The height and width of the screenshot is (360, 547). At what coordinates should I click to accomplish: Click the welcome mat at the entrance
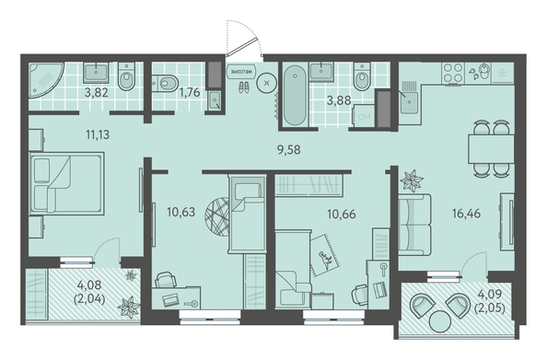click(x=241, y=71)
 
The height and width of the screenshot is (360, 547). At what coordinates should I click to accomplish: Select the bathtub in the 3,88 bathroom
click(x=295, y=96)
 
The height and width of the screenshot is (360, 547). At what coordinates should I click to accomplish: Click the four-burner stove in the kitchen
click(x=453, y=74)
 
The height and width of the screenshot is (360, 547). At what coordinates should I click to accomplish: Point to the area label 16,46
click(x=466, y=213)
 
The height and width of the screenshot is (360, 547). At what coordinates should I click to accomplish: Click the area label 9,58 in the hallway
click(x=288, y=150)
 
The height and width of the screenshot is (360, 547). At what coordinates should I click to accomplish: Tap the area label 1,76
click(x=189, y=92)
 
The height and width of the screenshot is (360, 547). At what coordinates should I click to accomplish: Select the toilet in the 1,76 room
click(x=165, y=83)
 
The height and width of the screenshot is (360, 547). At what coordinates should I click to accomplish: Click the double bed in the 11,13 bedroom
click(x=66, y=183)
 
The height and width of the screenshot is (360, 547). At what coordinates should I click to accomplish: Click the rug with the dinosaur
click(x=325, y=255)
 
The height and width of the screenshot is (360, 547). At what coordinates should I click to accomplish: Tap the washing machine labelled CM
click(x=364, y=117)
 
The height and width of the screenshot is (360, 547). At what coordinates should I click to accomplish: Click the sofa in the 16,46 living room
click(x=414, y=225)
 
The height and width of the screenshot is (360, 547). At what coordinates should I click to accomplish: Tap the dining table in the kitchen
click(x=491, y=149)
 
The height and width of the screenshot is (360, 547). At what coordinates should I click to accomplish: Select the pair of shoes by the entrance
click(x=244, y=87)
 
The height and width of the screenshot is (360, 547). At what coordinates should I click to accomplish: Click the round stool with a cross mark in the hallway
click(x=267, y=83)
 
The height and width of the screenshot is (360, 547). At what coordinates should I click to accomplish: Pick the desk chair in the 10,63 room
click(x=166, y=279)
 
